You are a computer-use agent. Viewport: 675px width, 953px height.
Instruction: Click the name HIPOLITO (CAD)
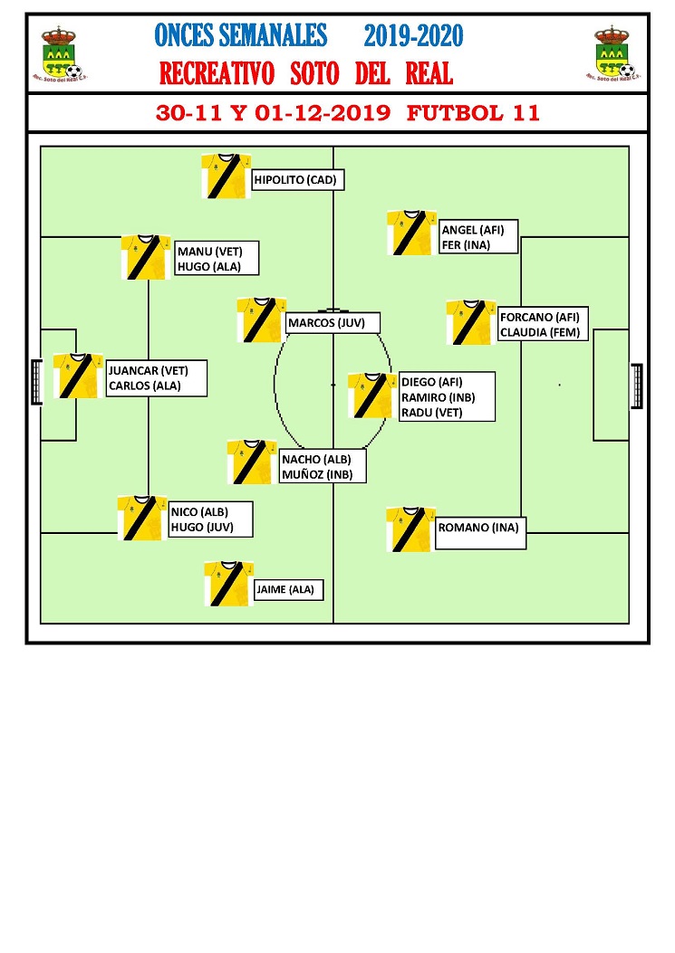click(x=295, y=180)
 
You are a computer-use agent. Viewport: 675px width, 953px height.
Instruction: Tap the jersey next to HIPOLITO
click(x=226, y=176)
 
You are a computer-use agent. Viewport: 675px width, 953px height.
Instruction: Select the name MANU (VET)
click(x=209, y=252)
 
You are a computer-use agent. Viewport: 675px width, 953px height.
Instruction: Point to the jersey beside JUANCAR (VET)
click(x=77, y=376)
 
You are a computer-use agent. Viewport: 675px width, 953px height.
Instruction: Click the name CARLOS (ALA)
click(x=145, y=386)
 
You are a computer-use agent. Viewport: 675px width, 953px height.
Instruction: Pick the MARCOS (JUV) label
click(x=327, y=323)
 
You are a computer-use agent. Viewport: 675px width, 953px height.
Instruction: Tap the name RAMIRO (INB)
click(x=439, y=397)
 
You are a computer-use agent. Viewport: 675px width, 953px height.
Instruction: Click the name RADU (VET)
click(x=431, y=413)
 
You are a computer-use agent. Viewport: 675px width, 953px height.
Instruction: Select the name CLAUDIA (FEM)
click(x=540, y=332)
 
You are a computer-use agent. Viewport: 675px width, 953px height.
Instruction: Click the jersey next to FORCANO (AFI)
click(x=470, y=322)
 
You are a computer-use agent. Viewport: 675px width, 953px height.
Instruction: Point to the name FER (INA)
click(x=466, y=245)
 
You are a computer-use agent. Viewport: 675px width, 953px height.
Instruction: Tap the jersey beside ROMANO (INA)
click(x=410, y=529)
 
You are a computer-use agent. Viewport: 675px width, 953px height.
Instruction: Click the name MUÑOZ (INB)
click(x=317, y=474)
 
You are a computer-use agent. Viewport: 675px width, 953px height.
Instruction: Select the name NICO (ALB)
click(x=199, y=512)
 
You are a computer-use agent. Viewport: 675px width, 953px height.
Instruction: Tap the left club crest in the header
click(x=60, y=54)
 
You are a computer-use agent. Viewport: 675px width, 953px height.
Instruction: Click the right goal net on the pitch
click(x=637, y=386)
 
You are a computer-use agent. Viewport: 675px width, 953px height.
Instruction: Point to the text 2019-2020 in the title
click(x=414, y=36)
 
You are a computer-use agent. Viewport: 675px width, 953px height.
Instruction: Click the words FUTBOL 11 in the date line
click(x=473, y=113)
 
